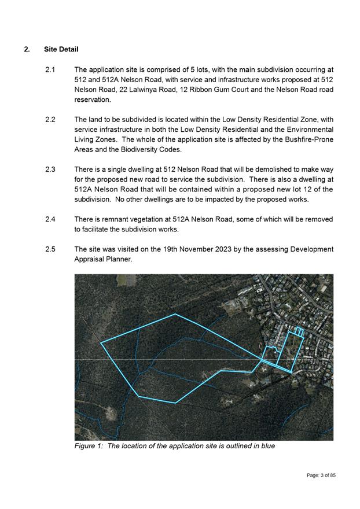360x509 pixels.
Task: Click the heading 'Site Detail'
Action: (61, 49)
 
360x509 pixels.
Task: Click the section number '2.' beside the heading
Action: (27, 49)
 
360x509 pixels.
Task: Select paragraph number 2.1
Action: (50, 69)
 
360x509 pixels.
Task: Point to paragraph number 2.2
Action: (50, 120)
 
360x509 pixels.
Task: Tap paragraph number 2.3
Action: (50, 169)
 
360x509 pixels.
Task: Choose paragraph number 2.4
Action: (50, 220)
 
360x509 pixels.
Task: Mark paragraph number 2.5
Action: (50, 249)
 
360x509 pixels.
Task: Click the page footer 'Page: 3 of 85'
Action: (321, 475)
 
